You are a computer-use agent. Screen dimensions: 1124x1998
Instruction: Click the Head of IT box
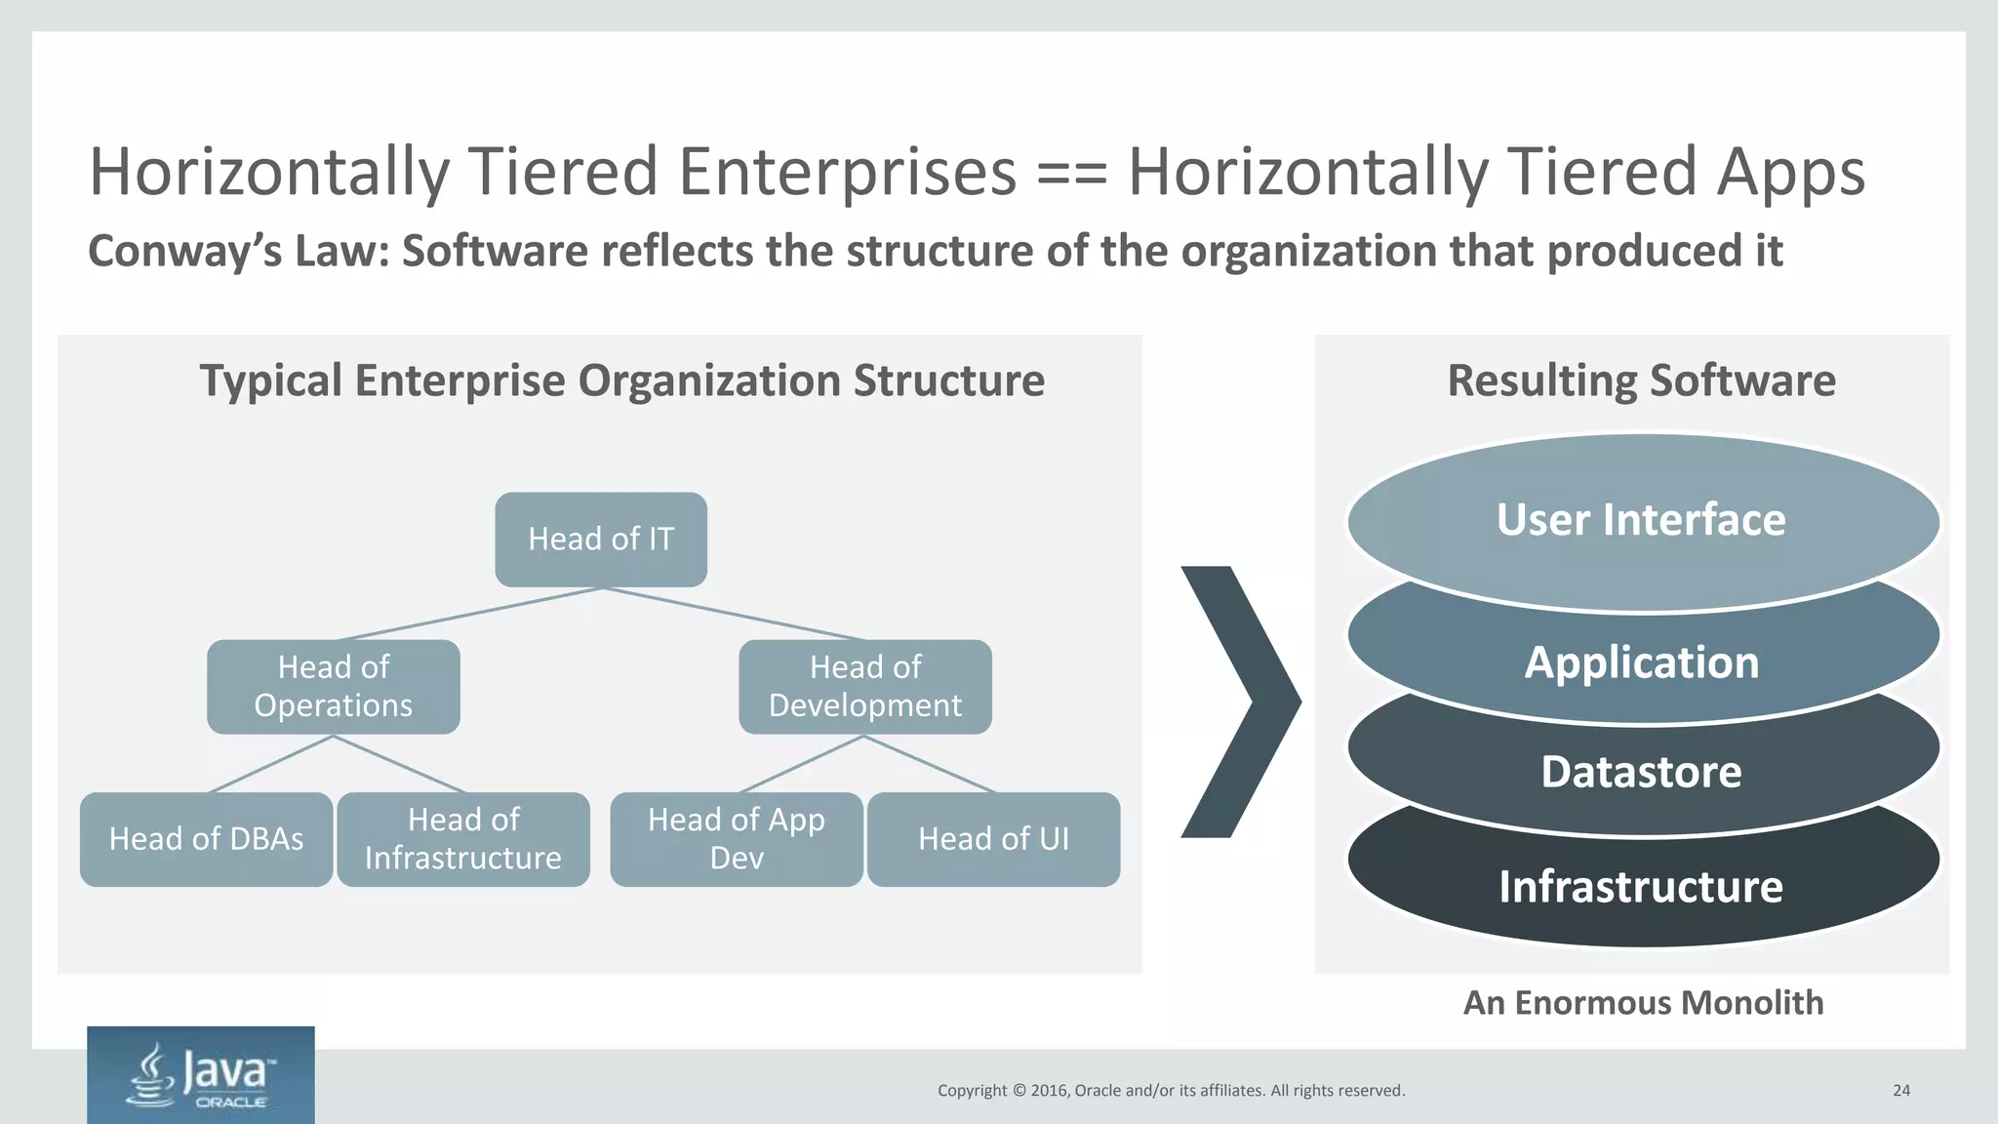[601, 539]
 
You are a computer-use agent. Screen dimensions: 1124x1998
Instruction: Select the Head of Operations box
[334, 686]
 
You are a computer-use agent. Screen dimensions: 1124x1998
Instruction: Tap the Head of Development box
[865, 686]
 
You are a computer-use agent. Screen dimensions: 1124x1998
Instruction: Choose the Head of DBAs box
[206, 839]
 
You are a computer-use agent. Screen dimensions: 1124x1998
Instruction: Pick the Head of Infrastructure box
[463, 839]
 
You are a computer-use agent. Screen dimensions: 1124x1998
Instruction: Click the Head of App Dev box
[737, 839]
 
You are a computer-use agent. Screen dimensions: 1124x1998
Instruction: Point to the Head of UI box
[993, 839]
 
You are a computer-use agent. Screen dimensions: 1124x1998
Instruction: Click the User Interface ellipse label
[1641, 520]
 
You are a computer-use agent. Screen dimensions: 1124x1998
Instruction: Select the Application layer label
[1641, 662]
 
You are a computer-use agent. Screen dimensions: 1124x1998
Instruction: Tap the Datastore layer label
[1641, 772]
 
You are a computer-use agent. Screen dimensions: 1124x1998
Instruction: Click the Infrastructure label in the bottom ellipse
[1641, 887]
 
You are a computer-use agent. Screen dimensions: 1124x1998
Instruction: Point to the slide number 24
[1901, 1091]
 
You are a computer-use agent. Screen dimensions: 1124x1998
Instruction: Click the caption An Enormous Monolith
[1643, 1003]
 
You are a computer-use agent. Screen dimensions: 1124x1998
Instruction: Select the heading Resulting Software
[1641, 381]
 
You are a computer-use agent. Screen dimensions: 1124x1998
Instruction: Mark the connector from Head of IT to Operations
[468, 614]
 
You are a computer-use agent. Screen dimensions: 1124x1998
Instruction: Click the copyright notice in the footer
[1171, 1091]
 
